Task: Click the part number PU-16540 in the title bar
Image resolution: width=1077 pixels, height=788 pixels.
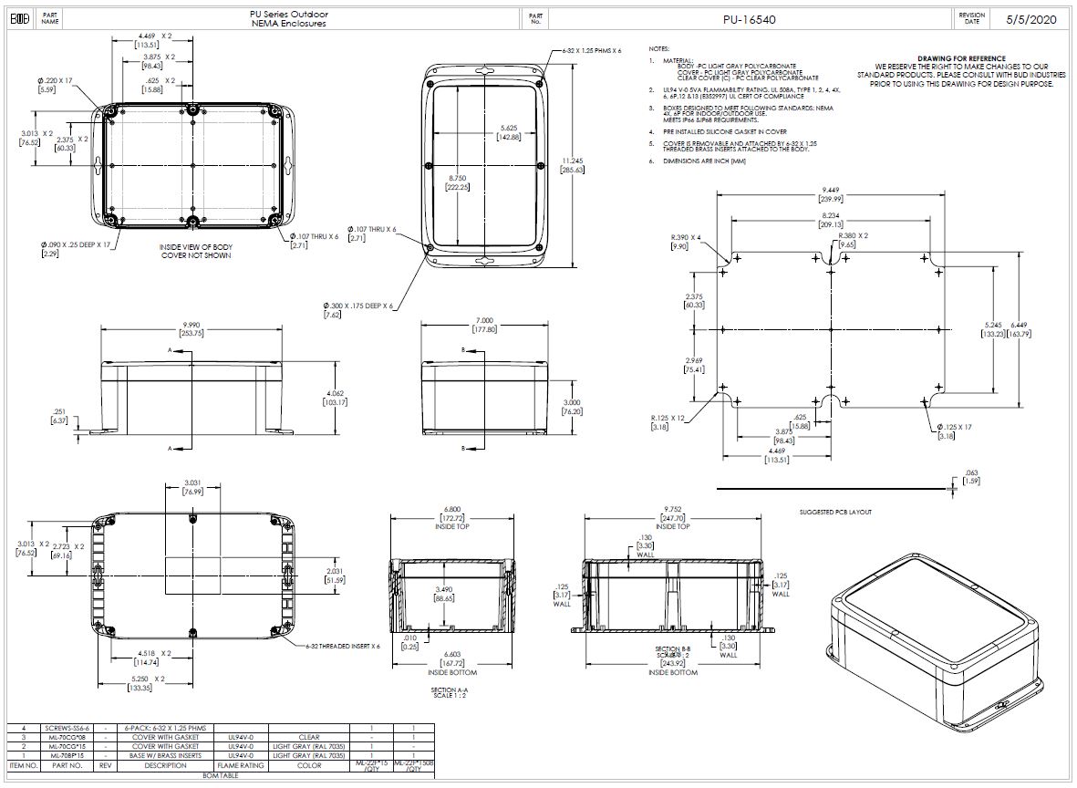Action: [749, 19]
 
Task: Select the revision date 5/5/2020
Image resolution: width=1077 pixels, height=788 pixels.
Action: [1030, 19]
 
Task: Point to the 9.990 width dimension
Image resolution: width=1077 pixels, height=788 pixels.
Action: [192, 326]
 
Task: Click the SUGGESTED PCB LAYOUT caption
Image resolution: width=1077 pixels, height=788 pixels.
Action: [834, 512]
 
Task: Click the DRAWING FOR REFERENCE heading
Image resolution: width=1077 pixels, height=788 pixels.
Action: [961, 58]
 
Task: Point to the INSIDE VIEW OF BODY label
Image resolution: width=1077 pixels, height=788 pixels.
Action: [196, 247]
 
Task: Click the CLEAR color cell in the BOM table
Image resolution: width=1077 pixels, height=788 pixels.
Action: [309, 737]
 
